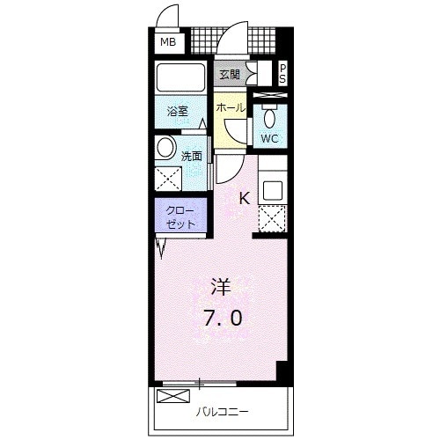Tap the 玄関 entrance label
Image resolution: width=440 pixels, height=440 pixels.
(230, 75)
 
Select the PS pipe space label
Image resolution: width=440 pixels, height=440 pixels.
(283, 74)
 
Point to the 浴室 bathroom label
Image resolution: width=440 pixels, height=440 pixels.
(177, 111)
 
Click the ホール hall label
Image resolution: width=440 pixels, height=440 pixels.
(230, 107)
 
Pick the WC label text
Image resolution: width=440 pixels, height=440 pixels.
(270, 138)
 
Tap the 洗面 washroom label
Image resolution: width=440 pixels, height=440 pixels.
(192, 156)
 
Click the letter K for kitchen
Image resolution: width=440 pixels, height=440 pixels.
(244, 198)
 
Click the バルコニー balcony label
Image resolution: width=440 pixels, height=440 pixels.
(222, 411)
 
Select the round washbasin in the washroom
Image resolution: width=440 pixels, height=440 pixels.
(165, 146)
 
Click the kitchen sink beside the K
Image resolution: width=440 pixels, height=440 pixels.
(271, 187)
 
